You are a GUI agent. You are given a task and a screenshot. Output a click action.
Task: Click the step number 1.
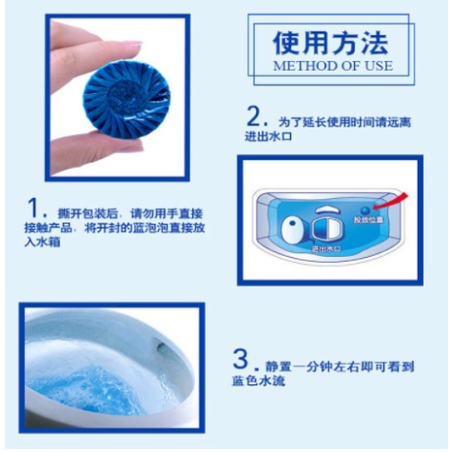(x=36, y=208)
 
